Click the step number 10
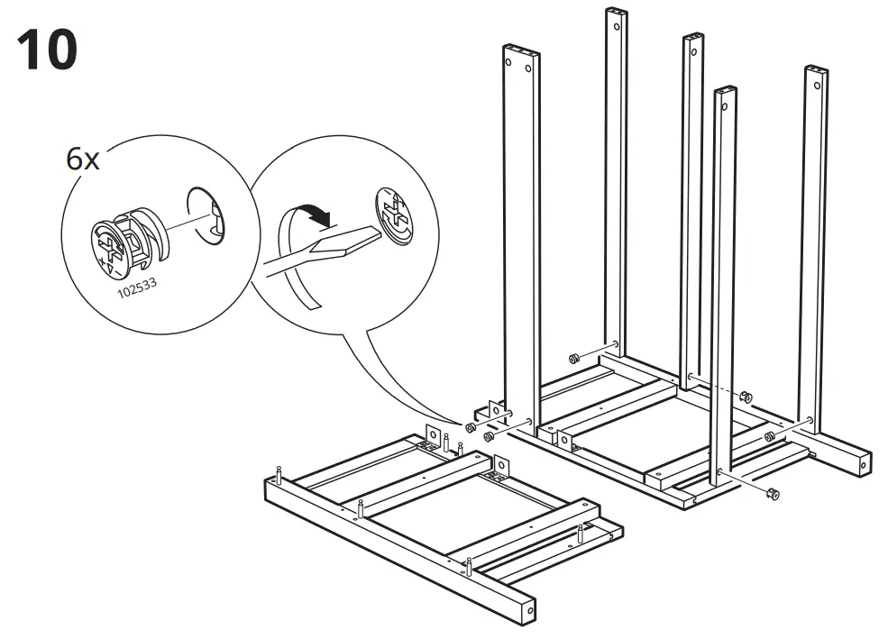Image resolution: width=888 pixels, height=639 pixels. pyautogui.click(x=46, y=50)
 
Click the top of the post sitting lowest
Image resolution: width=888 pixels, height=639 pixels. pyautogui.click(x=725, y=91)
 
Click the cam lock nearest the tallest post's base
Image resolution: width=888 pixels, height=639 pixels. pyautogui.click(x=572, y=359)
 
